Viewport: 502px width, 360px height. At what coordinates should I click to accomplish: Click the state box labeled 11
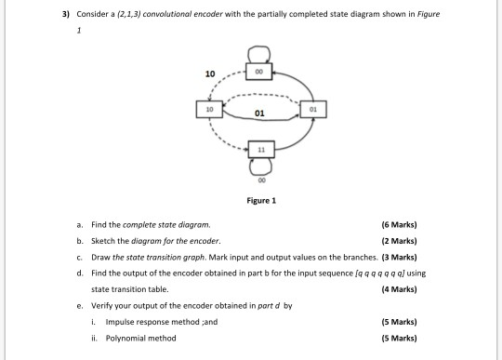253,148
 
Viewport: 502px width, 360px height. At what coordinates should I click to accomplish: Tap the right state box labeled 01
314,109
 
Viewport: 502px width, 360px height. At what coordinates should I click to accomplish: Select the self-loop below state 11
253,167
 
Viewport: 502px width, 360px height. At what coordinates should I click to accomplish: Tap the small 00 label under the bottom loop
253,182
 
